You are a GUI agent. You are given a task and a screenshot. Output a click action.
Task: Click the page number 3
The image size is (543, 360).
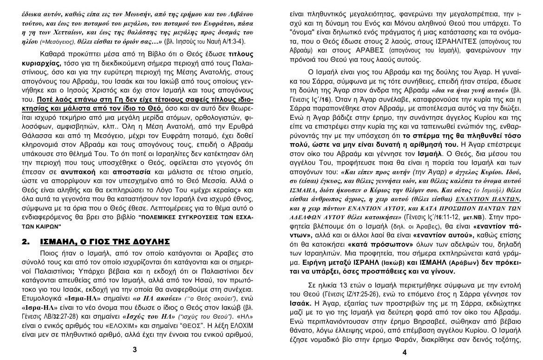tap(135, 350)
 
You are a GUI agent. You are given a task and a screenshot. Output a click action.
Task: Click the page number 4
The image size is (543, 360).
tap(405, 352)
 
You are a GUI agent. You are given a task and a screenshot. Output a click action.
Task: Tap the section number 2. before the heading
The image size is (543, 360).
tap(27, 242)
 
